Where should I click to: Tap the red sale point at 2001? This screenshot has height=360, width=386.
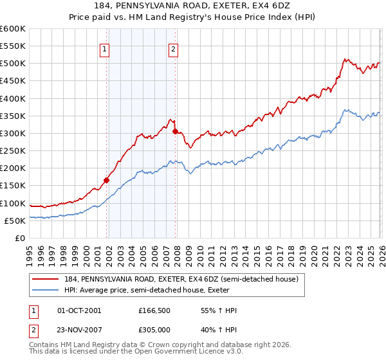[106, 180]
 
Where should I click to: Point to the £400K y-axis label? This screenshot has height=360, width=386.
[12, 98]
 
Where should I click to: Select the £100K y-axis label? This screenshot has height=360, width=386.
[12, 203]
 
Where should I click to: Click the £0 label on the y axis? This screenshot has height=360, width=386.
[19, 238]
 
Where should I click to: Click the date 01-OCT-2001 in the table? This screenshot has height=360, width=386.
[79, 310]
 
